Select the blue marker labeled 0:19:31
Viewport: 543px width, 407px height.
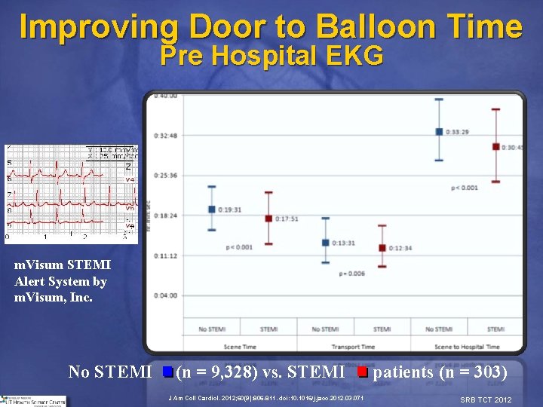coord(212,209)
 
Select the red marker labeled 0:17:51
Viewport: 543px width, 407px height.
coord(268,219)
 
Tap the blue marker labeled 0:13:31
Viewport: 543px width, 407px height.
coord(326,243)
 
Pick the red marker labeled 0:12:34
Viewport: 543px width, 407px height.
coord(382,248)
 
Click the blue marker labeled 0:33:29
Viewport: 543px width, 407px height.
coord(439,131)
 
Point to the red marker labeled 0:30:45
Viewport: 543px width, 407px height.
coord(495,146)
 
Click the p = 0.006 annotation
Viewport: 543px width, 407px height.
coord(351,274)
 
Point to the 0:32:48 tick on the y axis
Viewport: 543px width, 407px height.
coord(164,135)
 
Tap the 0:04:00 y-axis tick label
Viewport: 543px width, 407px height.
coord(164,295)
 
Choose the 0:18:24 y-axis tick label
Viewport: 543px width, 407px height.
coord(164,215)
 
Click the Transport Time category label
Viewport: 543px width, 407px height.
coord(354,347)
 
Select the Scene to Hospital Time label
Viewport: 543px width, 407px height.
coord(467,347)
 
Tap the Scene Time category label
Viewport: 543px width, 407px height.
coord(240,347)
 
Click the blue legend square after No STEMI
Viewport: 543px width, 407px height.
coord(167,372)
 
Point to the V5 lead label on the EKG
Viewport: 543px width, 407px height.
coord(130,208)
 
